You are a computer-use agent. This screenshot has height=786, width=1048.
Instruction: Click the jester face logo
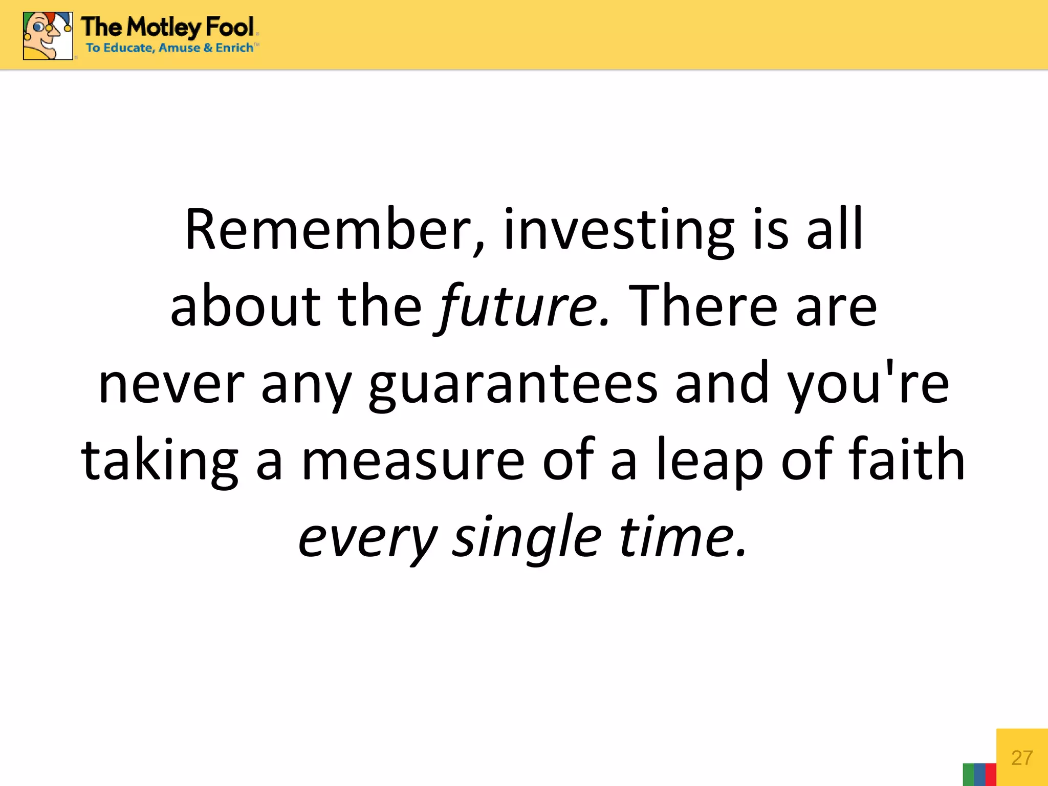pyautogui.click(x=48, y=35)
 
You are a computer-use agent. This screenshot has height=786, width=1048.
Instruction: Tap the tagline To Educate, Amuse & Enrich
pyautogui.click(x=169, y=48)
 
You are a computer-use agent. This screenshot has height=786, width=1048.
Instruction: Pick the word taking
pyautogui.click(x=159, y=461)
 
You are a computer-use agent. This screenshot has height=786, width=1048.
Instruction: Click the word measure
pyautogui.click(x=412, y=461)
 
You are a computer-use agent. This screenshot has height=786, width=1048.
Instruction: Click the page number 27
pyautogui.click(x=1022, y=758)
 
